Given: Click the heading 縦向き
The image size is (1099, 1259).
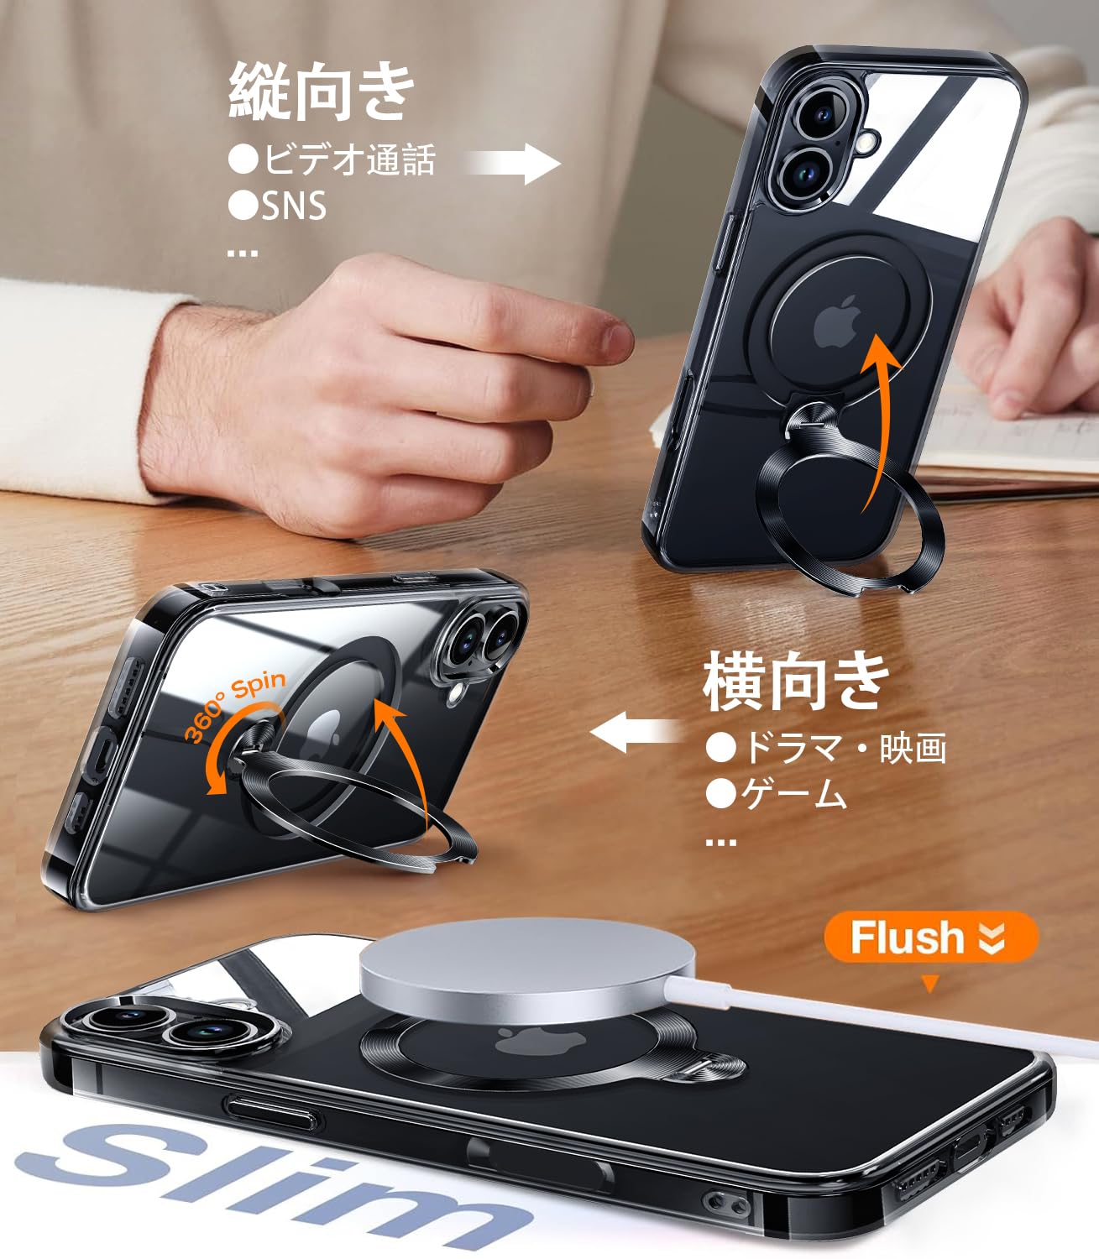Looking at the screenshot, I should pos(322,91).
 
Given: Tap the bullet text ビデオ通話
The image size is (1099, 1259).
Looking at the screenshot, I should pos(348,159).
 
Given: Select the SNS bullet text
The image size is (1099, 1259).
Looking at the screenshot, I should pos(292,206).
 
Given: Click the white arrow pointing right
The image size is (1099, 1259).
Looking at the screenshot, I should pos(514,163).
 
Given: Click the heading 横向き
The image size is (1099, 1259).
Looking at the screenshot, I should pos(796,682).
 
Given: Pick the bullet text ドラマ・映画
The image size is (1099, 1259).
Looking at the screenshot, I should pos(843,747).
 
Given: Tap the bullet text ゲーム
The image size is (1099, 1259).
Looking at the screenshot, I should pos(793,794).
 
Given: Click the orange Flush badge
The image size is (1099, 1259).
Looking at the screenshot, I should pos(930,937).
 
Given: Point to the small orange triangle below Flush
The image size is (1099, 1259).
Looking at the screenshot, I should pos(929,984).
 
